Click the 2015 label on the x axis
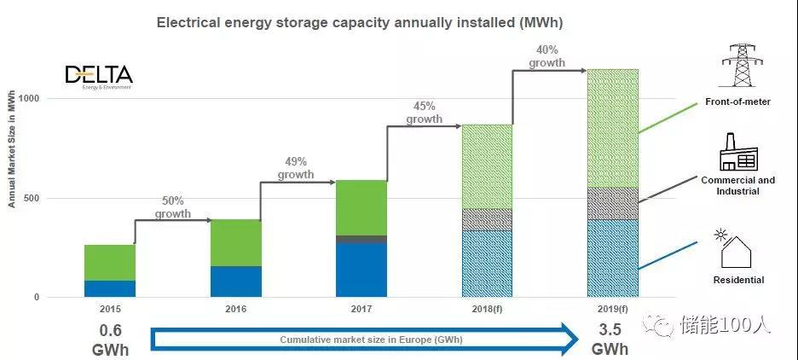[x=110, y=309]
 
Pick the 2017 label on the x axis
[x=361, y=309]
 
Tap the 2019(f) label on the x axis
[x=612, y=309]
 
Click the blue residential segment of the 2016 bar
[x=236, y=282]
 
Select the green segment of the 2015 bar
[x=110, y=262]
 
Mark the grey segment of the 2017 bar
[x=361, y=240]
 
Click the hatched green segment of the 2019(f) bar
[x=612, y=128]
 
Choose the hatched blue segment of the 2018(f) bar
[x=487, y=264]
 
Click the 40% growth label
[x=546, y=57]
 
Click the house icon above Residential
[x=736, y=249]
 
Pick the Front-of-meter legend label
[x=737, y=102]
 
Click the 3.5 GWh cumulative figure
[x=610, y=340]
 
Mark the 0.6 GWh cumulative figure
[x=110, y=340]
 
